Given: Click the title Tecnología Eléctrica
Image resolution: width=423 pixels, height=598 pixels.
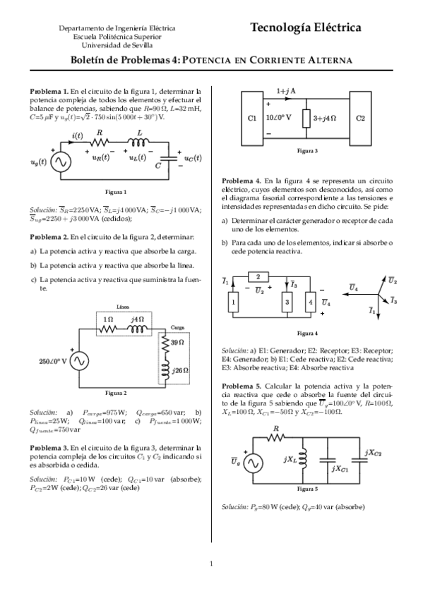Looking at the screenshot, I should tap(304, 28).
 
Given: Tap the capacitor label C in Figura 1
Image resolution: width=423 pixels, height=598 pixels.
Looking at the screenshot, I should tap(160, 164).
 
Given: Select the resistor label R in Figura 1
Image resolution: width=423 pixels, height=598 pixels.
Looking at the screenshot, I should tap(100, 132).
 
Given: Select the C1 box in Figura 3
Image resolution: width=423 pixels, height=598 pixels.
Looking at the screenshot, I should tap(252, 118).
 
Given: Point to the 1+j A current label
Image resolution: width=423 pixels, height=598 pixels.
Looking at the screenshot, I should tap(286, 91).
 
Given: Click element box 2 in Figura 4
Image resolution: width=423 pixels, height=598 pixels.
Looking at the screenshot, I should tap(258, 276).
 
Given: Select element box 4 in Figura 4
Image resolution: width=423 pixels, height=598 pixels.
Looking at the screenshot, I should tap(309, 303).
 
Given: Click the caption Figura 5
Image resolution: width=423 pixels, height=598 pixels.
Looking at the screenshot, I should tap(306, 488).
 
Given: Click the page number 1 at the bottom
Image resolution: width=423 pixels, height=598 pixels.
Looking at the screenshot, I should tap(211, 563).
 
